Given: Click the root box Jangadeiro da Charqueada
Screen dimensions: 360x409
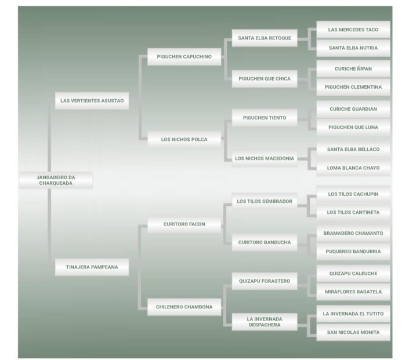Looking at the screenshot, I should tap(56, 180).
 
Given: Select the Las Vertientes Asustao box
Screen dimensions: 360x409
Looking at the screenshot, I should tap(92, 101).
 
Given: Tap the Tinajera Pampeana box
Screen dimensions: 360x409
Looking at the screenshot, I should tap(92, 267).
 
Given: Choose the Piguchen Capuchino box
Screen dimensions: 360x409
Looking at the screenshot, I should tap(184, 57).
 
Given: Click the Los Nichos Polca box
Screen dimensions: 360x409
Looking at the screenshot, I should tap(184, 140).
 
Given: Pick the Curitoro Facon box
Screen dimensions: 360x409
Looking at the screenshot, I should tap(184, 224).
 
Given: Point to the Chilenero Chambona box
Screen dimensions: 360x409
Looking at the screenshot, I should tap(184, 307).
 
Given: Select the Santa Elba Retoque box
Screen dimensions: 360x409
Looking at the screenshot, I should tap(265, 38).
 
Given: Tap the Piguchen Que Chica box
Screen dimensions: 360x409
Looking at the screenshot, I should tap(265, 78).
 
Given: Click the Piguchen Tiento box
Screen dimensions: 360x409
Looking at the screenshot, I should tap(265, 118).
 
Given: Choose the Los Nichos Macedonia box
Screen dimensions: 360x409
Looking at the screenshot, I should tap(265, 158).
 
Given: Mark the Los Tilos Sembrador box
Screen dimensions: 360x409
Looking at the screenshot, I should tap(265, 202).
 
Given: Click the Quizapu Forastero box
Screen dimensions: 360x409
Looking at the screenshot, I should tap(265, 282).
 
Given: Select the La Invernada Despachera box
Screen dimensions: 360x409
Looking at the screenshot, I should tap(265, 322).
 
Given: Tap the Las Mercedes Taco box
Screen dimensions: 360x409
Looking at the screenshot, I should tap(353, 30).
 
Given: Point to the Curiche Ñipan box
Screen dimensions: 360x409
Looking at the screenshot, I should tap(353, 69).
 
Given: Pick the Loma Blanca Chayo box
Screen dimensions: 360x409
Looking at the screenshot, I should tap(353, 168).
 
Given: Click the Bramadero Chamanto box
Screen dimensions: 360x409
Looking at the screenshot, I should tap(353, 234).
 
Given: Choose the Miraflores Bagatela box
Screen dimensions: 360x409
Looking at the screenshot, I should tap(353, 292).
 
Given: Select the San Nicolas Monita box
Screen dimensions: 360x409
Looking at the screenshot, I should tap(353, 333).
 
